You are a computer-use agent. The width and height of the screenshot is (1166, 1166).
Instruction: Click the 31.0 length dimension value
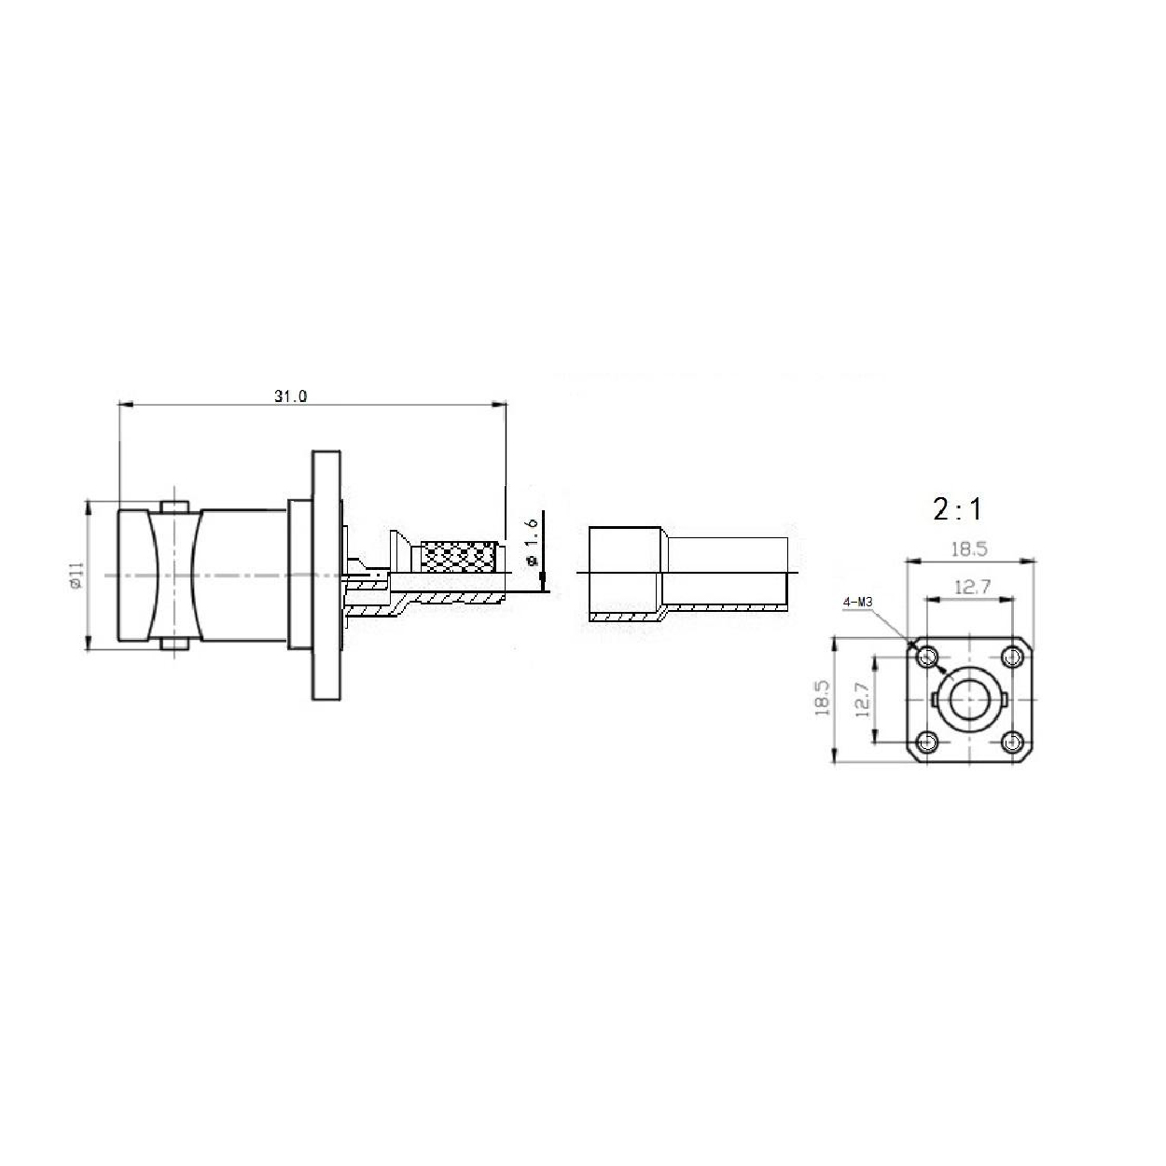(x=290, y=396)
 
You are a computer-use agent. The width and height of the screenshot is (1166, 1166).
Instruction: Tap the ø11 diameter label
(x=76, y=575)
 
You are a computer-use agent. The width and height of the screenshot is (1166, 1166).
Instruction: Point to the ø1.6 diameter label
(x=532, y=542)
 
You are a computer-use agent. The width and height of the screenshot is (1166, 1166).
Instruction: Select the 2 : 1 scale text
(x=957, y=509)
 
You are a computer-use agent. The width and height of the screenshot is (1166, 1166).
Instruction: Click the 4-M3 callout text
(x=857, y=602)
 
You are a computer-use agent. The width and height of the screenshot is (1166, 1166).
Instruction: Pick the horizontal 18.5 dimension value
(x=969, y=549)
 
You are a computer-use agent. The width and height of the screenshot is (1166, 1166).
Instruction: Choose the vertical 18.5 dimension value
(x=823, y=698)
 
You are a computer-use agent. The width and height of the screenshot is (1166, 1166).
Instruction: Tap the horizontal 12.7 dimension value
(x=972, y=587)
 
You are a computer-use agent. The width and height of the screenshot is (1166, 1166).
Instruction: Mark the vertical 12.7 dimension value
(x=862, y=700)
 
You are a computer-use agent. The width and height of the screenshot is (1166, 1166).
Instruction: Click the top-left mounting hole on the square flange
(x=927, y=657)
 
